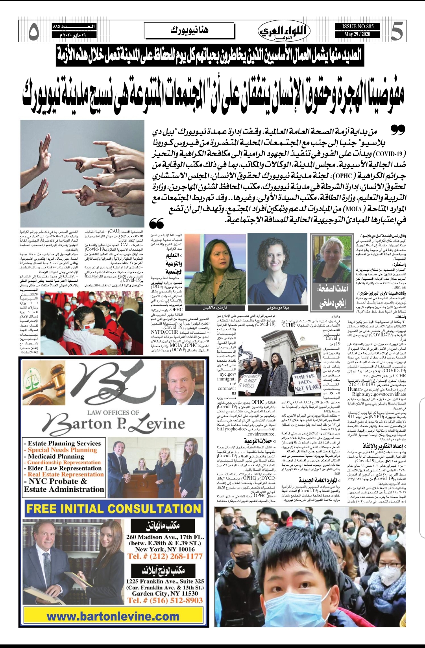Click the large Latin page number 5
(x=396, y=32)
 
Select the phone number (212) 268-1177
(x=164, y=556)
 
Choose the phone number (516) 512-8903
(x=165, y=600)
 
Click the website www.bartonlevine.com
(x=113, y=617)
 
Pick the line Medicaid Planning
(x=56, y=456)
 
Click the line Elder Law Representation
(x=65, y=468)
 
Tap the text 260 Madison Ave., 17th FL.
(x=165, y=537)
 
